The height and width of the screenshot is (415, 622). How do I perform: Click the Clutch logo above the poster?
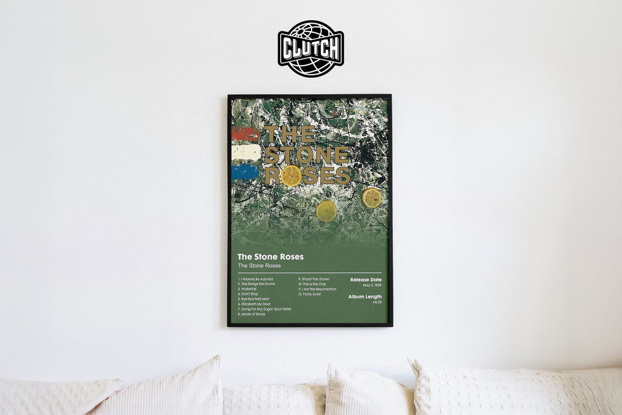click(311, 49)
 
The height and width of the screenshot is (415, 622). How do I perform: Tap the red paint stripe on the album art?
click(245, 134)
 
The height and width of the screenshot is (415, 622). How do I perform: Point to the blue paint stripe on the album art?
click(244, 172)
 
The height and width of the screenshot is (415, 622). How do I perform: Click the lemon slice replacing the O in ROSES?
click(291, 176)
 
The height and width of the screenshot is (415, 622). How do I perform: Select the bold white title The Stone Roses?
click(270, 256)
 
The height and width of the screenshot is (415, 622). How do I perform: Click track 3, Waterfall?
click(249, 289)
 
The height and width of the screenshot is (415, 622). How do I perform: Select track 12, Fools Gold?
click(309, 294)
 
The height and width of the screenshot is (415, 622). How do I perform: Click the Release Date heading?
click(366, 280)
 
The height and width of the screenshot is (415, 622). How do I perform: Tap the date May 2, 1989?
click(372, 285)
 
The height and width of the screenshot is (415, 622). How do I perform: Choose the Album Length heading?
click(365, 297)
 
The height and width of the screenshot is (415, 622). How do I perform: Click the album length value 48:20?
click(377, 302)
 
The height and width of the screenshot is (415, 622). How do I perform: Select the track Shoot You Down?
click(313, 279)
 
